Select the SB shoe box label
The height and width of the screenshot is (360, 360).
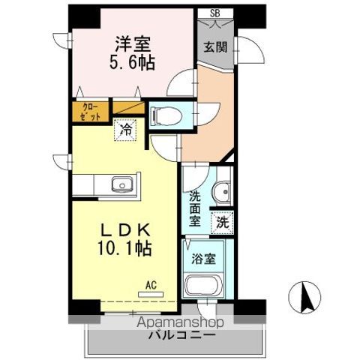click(x=215, y=13)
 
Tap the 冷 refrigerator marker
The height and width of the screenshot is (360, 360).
click(x=126, y=129)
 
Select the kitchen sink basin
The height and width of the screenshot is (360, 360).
click(x=121, y=184)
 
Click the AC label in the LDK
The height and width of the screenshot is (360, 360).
click(x=151, y=284)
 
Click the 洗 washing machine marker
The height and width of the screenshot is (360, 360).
click(x=222, y=222)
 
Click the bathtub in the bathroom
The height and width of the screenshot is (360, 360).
click(x=202, y=286)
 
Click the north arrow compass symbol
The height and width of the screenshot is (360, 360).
click(x=306, y=298)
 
